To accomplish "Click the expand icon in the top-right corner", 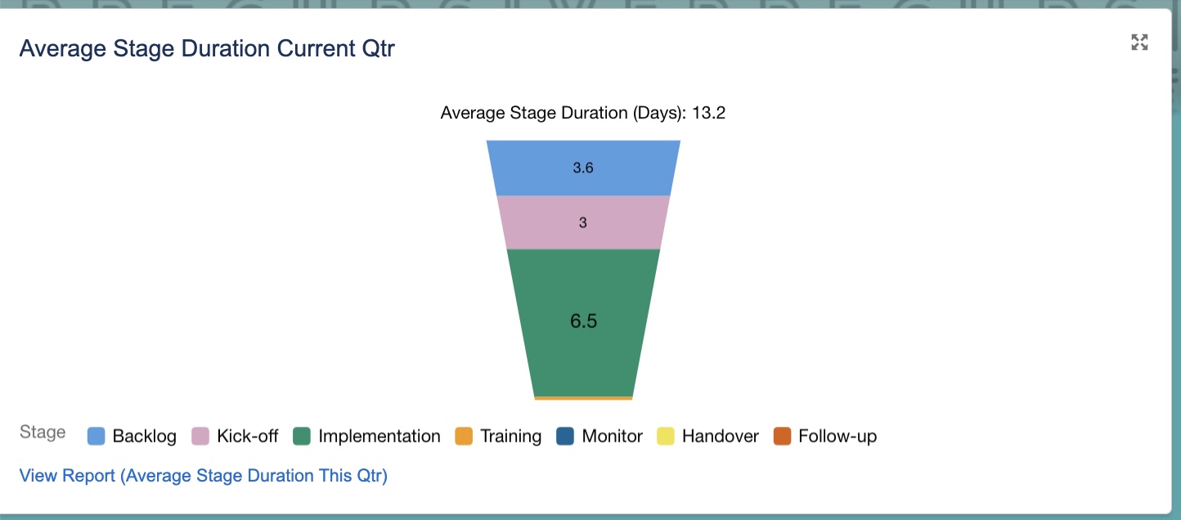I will (1139, 43).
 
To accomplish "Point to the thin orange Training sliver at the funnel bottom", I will (583, 398).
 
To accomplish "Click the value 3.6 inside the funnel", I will (583, 168).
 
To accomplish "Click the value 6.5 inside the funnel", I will (583, 321).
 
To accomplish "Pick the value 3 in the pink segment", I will (583, 222).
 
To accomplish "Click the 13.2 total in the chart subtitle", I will (708, 113).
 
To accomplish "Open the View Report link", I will (203, 475).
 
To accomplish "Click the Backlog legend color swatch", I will (97, 437).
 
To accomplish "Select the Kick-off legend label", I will (247, 437).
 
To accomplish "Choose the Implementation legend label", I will (379, 437).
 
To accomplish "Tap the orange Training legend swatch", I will (464, 437).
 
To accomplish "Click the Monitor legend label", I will (612, 437).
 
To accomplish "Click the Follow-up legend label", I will (837, 437).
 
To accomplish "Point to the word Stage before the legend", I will (43, 433).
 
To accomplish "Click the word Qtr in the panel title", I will (377, 48).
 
